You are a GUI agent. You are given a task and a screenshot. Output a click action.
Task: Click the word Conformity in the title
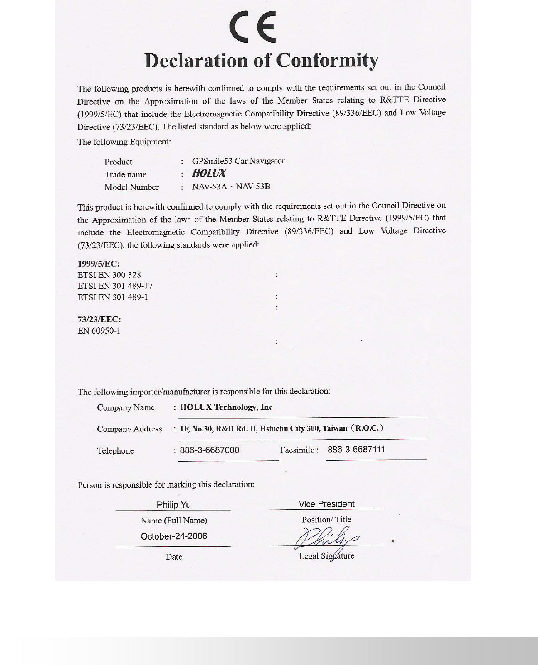tap(328, 61)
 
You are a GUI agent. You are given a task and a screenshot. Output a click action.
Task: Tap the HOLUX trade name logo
tap(209, 173)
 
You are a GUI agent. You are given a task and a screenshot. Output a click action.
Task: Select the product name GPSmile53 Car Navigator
tap(238, 161)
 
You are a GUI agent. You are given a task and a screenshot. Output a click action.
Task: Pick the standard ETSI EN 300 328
tap(110, 275)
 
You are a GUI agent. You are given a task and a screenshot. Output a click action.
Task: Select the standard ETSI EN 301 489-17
tap(115, 286)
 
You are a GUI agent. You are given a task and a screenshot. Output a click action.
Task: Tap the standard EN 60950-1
tap(99, 331)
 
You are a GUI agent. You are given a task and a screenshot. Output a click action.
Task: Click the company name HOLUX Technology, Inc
tap(226, 407)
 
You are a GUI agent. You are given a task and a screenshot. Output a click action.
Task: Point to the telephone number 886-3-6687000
tap(209, 450)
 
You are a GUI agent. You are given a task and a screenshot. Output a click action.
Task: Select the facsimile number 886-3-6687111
tap(356, 450)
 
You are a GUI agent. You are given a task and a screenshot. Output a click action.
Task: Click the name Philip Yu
tap(174, 505)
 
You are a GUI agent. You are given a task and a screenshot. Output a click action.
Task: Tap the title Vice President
tap(326, 504)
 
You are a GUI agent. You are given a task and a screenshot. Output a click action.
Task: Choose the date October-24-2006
tap(174, 536)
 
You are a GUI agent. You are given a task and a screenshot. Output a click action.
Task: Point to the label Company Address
tap(129, 429)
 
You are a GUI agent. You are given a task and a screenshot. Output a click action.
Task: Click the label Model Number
tap(131, 187)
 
